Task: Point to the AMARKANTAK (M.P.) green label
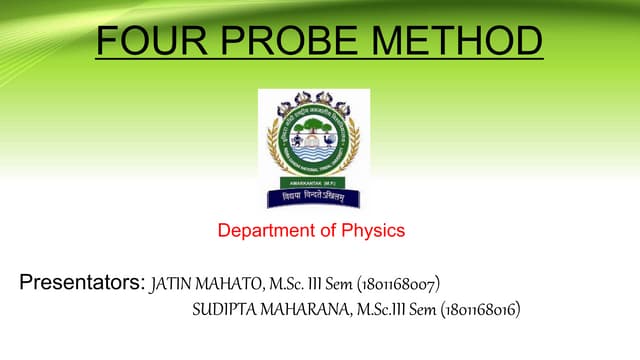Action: (313, 184)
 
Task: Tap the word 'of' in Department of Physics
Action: (327, 231)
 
